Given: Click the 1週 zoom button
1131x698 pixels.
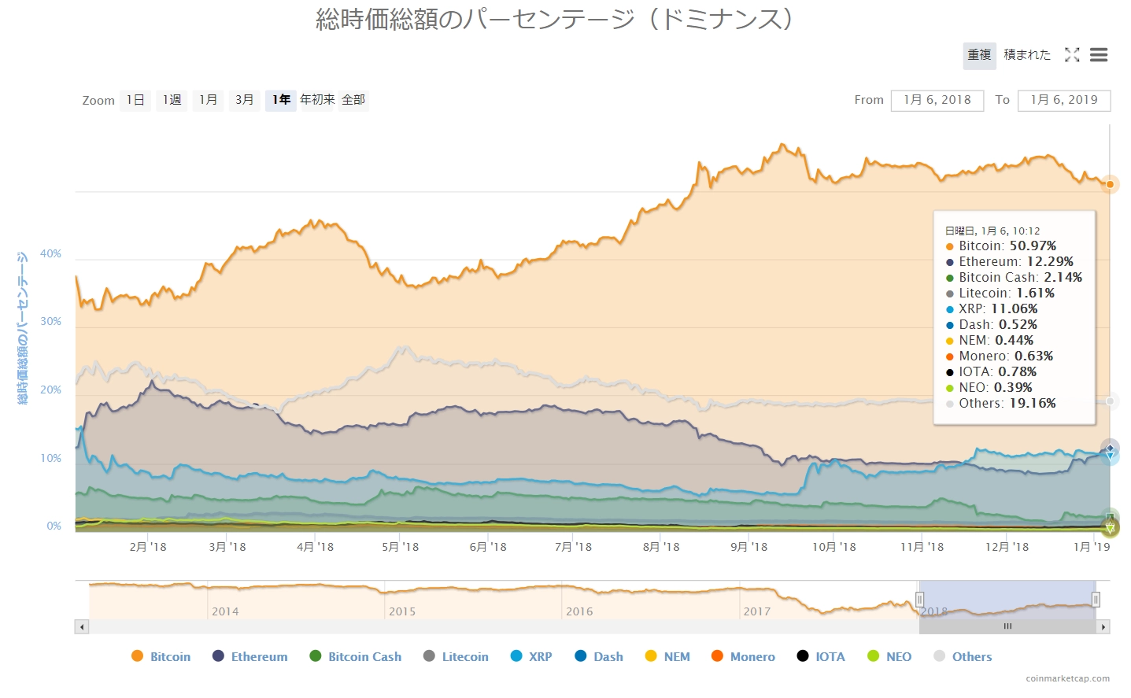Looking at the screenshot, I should point(172,100).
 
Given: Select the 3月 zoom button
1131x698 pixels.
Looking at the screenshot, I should point(244,100).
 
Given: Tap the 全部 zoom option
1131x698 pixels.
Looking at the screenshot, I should point(353,100).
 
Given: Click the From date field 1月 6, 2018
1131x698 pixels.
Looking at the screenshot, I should point(937,100).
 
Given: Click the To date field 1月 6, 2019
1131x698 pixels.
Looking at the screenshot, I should point(1063,100).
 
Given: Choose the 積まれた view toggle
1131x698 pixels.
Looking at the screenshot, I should point(1027,55).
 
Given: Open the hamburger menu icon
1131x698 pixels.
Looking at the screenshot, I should point(1099,55).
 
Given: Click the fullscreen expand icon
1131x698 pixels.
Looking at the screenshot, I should point(1072,55).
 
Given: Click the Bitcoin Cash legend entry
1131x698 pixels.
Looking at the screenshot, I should point(364,656).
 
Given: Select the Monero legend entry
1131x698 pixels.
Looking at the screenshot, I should point(752,656).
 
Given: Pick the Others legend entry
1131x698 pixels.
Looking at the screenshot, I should point(971,656).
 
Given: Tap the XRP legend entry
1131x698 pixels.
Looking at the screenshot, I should point(540,656).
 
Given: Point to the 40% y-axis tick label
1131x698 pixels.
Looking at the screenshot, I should point(50,253).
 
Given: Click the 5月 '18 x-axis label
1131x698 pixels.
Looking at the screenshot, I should point(400,547).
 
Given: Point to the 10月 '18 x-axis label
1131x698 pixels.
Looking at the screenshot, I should point(833,547).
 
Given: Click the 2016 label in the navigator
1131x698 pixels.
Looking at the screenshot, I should point(579,611).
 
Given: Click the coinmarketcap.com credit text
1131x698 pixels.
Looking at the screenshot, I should point(1067,678).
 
